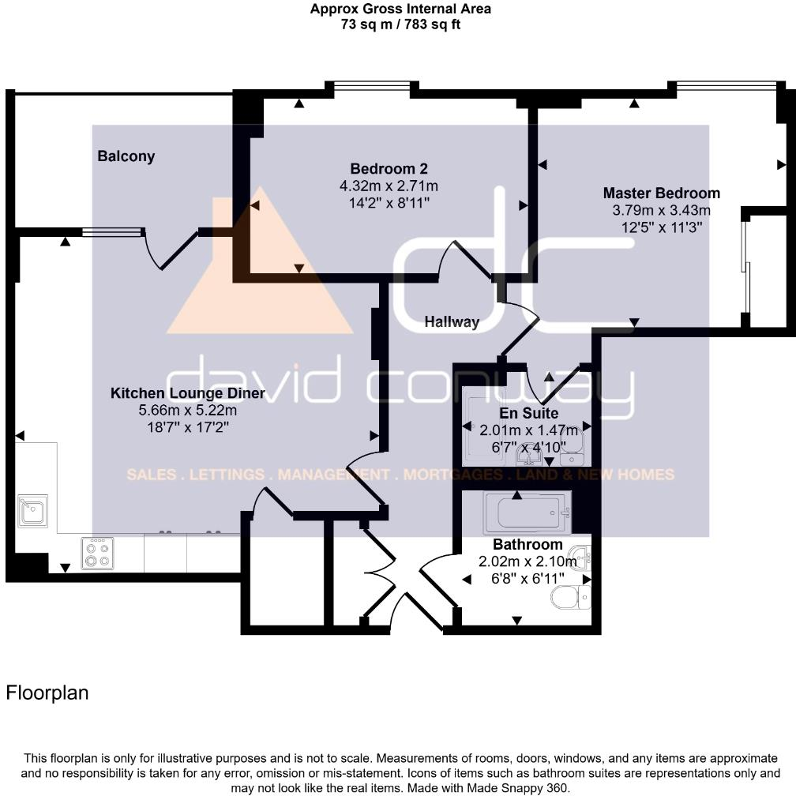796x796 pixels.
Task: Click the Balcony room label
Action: point(126,156)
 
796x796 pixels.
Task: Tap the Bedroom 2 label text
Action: point(389,168)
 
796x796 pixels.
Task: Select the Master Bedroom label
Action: point(661,193)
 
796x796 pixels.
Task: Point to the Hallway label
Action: point(452,321)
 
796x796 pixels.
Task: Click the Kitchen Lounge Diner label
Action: point(187,393)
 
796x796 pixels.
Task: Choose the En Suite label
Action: point(528,413)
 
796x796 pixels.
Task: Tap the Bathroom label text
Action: point(527,544)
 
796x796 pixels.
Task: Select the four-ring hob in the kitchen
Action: point(98,554)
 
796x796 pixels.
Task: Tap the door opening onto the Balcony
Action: point(169,246)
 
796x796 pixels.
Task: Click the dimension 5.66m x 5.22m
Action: point(187,411)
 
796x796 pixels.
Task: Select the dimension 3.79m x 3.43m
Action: point(661,210)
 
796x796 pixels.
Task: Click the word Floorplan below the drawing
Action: point(47,693)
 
